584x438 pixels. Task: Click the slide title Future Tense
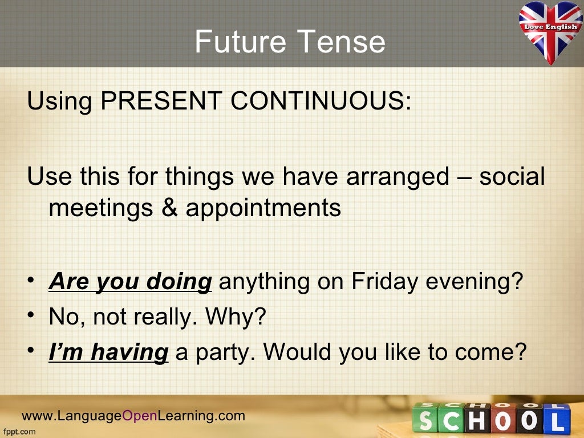tap(290, 42)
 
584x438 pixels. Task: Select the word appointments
tap(263, 209)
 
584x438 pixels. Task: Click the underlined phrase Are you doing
tap(131, 281)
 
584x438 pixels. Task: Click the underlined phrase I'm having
tap(108, 352)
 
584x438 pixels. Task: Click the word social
tap(512, 177)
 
